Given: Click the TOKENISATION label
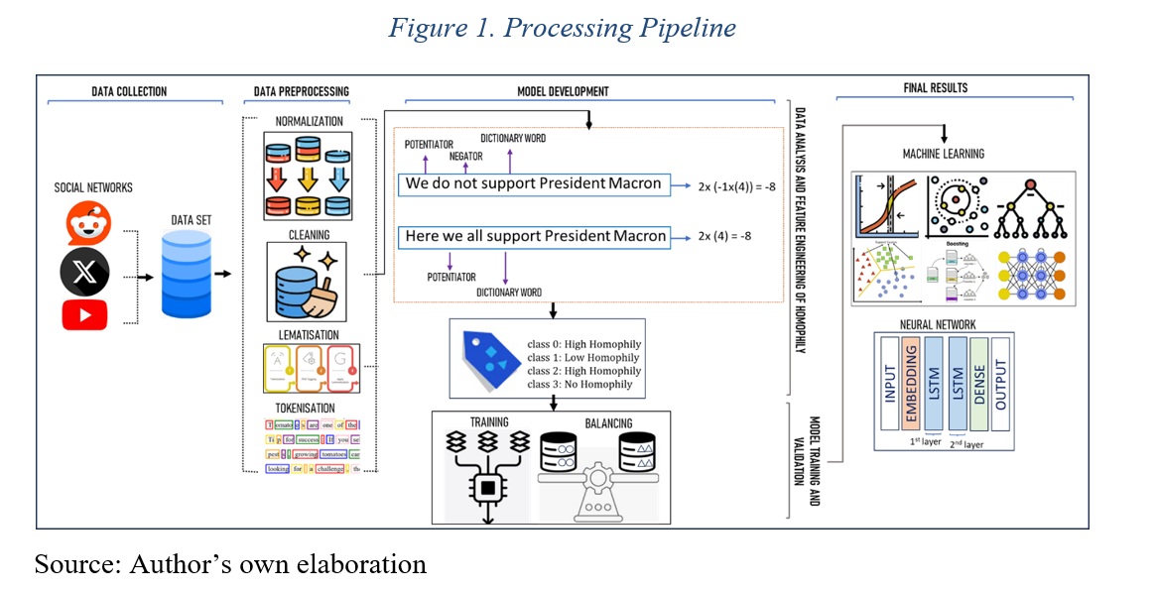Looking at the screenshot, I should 304,408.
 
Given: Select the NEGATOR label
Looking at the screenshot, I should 466,156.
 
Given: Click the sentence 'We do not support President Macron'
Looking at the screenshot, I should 533,184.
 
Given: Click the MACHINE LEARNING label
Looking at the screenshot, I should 943,155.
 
